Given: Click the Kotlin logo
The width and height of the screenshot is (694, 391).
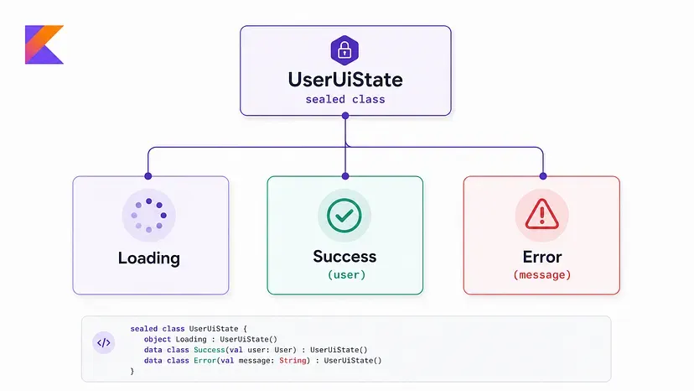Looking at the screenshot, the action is (x=44, y=44).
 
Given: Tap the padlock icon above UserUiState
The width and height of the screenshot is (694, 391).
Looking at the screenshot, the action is (x=344, y=50).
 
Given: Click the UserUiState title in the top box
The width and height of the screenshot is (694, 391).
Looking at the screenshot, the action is (x=345, y=80).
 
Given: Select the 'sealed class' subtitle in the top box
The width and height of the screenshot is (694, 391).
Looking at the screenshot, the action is (x=345, y=99).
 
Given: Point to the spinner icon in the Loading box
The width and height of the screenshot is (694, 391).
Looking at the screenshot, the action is (x=148, y=216).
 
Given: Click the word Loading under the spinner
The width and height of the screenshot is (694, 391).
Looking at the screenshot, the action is (x=149, y=258).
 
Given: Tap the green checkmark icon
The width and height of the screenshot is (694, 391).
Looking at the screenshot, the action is (x=344, y=216).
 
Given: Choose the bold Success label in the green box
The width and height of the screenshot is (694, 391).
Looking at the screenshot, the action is (x=344, y=256).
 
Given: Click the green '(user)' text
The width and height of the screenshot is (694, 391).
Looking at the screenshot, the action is (x=346, y=275).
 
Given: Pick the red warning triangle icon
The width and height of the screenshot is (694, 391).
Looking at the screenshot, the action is (x=541, y=215).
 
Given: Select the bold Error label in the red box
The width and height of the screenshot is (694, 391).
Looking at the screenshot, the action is (x=542, y=257).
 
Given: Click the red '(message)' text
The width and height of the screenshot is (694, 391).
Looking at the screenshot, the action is (x=542, y=275).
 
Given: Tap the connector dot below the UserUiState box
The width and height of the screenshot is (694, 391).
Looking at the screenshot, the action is (x=345, y=116).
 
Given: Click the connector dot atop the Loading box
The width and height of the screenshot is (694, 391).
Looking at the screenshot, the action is (x=148, y=176).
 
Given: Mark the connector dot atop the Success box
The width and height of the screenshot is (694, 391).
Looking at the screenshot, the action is (x=345, y=176).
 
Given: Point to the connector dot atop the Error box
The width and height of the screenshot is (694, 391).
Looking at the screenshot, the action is (x=543, y=176).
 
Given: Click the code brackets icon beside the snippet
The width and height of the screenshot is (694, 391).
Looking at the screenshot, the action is (x=104, y=342).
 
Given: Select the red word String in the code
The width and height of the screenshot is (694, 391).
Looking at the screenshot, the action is (x=293, y=361).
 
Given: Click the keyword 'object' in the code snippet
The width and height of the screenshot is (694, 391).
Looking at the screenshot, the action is (x=157, y=339).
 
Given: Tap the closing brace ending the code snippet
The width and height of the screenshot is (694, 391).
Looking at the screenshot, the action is (x=132, y=371).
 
